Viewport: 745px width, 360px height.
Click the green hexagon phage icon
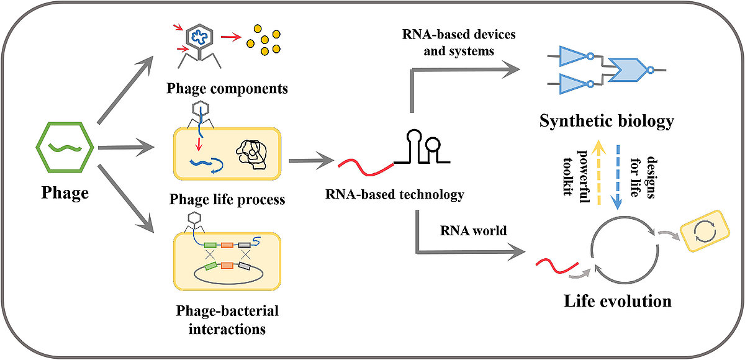(63, 146)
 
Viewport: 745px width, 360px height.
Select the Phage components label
(227, 88)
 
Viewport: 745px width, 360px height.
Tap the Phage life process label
(227, 199)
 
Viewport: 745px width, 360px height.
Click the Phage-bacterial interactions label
(228, 319)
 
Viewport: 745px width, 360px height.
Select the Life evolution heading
(618, 302)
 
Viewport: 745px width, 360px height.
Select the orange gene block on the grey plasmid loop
(227, 266)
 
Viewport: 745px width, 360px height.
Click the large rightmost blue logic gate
(630, 70)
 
